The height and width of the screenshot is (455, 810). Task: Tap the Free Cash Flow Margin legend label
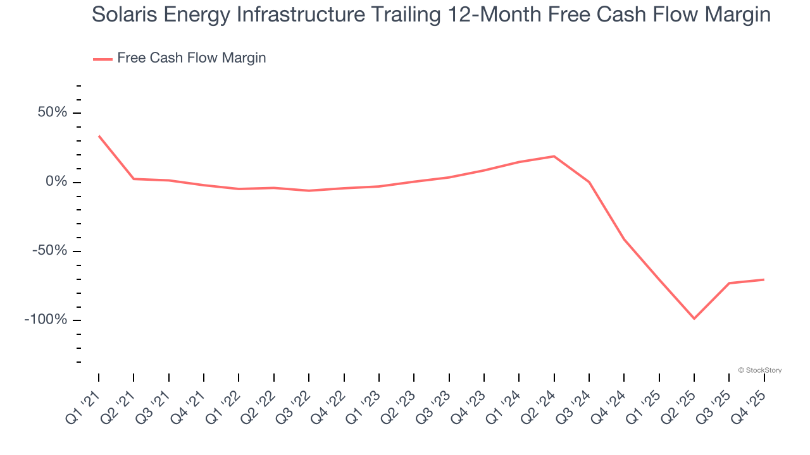[191, 58]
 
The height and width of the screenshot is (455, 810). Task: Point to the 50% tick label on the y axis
[52, 113]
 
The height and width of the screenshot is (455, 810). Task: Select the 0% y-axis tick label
[56, 182]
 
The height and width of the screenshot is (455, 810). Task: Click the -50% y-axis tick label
[49, 251]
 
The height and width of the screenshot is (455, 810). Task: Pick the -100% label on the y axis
[46, 320]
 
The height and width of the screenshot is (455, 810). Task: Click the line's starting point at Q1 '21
[99, 136]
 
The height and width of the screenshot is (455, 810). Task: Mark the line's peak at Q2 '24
[554, 156]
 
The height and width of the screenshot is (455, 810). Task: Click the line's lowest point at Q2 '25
[694, 318]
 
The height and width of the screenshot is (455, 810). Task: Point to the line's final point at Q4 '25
[764, 279]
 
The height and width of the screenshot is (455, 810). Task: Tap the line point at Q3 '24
[589, 182]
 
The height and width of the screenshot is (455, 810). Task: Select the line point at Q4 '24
[625, 240]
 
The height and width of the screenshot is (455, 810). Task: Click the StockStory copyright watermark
[759, 370]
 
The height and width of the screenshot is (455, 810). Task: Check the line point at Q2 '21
[134, 179]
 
